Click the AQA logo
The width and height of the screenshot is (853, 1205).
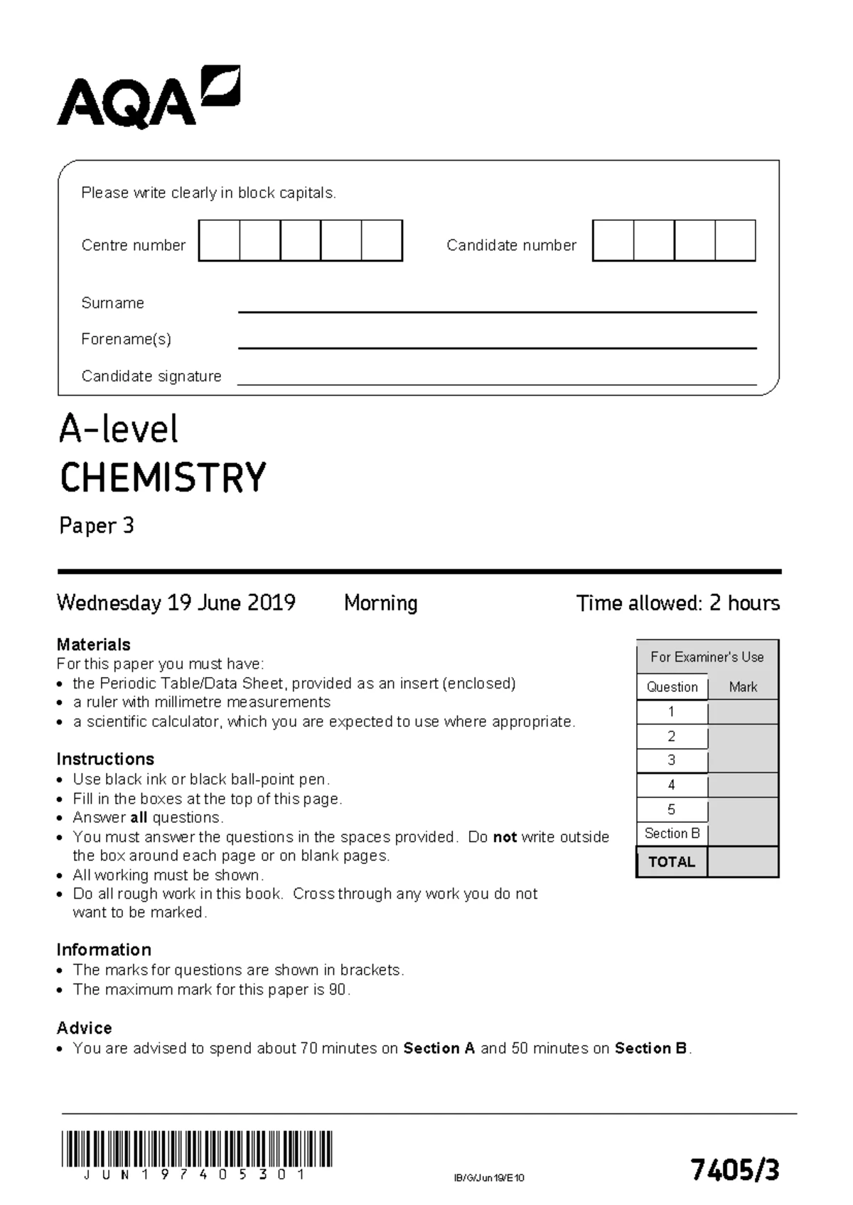[148, 98]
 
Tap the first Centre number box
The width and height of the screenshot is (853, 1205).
[219, 240]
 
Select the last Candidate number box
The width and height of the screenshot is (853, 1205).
[735, 240]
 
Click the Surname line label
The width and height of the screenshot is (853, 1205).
[112, 303]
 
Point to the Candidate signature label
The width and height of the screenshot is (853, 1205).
[151, 376]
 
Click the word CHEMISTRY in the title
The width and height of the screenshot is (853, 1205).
[163, 477]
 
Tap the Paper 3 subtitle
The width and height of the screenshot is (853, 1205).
[96, 526]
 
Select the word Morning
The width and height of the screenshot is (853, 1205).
[380, 603]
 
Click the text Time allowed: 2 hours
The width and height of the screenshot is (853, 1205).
[677, 603]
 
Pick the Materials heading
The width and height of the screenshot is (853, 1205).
[93, 644]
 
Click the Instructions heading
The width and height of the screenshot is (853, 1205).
[104, 759]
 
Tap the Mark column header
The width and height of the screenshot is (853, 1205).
[743, 687]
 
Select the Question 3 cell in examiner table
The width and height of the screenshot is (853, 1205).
[671, 760]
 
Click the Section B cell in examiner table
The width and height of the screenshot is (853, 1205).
[672, 833]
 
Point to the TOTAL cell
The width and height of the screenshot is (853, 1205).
[671, 862]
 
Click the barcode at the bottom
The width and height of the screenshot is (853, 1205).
[196, 1148]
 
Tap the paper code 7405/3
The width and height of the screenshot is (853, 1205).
[735, 1169]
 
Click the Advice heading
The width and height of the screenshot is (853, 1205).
[84, 1028]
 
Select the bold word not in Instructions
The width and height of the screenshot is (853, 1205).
[504, 837]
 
